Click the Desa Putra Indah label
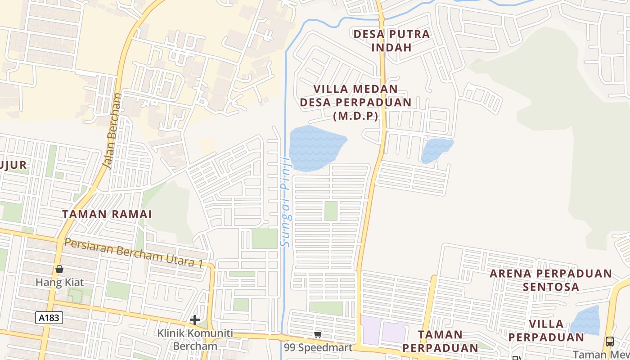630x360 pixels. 391,40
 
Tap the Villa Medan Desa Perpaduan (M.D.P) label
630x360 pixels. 355,102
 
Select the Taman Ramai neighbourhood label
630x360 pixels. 107,214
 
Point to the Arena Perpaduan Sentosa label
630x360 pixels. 551,280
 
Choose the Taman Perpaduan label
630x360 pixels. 440,341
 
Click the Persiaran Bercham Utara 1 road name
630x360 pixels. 133,252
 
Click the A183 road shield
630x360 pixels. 49,318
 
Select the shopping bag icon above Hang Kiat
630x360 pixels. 59,269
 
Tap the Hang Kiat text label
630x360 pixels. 59,283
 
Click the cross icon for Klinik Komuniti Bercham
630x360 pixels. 195,320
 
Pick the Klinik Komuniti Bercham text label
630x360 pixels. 195,340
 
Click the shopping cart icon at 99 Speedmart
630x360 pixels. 318,334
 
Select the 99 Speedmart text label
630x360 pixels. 318,348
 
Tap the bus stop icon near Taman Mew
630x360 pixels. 610,342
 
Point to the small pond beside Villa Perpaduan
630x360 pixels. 585,321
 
